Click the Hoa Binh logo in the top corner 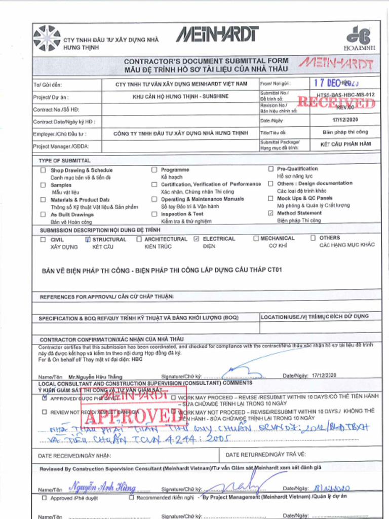click(358, 38)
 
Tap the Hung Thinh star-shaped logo click(47, 39)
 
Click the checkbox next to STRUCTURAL click(88, 239)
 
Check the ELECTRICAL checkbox click(197, 239)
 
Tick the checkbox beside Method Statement click(270, 213)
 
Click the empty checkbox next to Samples click(44, 185)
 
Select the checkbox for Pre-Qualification click(270, 169)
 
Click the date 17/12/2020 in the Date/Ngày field click(345, 121)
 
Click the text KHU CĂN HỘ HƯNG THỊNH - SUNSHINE click(180, 96)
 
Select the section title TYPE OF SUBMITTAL click(65, 161)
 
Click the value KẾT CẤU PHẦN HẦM click(345, 144)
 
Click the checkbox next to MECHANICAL click(256, 238)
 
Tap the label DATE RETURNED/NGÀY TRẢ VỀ click(265, 455)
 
